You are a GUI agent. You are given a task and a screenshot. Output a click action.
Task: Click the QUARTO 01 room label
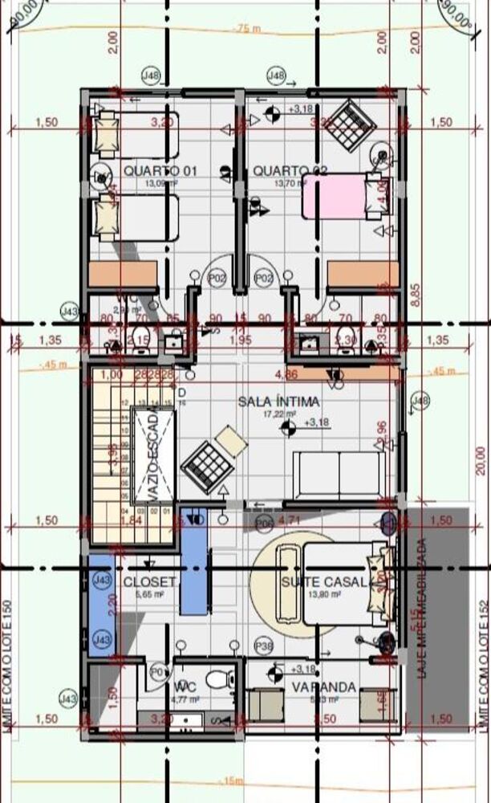click(160, 171)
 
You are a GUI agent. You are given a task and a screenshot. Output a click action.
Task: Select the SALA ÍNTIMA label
click(278, 401)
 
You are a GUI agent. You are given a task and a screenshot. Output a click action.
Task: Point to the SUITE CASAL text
click(324, 581)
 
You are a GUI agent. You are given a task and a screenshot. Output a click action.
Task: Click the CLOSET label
click(149, 581)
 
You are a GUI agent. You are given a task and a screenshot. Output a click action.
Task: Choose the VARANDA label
click(324, 687)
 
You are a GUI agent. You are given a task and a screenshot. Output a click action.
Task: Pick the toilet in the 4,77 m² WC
click(217, 680)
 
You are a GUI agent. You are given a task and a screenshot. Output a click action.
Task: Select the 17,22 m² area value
click(280, 415)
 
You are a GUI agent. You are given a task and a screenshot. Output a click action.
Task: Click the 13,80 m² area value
click(326, 595)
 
